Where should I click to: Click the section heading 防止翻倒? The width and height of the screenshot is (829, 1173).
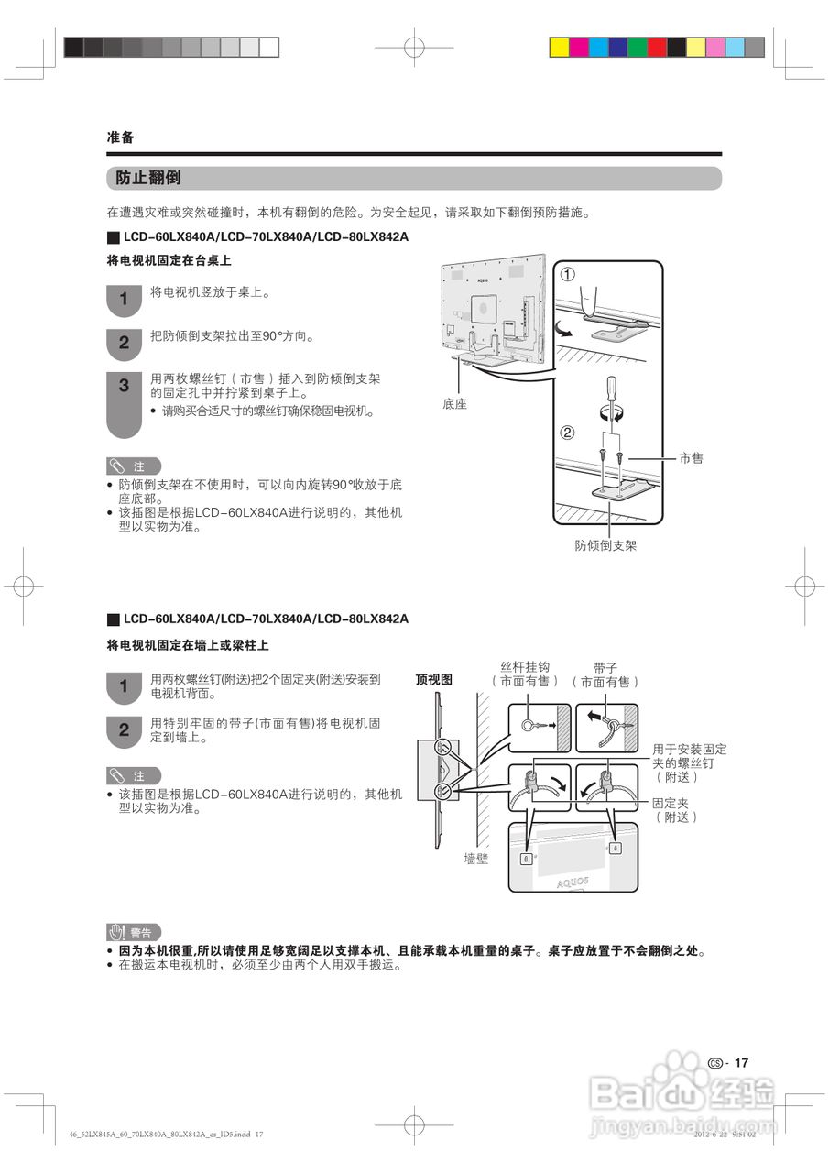148,178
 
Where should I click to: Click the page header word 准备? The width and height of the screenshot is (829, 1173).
121,137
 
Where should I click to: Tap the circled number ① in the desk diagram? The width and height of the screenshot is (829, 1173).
568,275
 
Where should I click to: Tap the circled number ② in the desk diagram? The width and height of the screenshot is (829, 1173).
567,433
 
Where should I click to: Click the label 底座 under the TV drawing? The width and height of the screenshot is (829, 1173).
454,403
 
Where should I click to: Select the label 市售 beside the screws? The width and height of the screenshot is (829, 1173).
692,457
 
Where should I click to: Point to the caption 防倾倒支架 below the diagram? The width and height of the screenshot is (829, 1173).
605,545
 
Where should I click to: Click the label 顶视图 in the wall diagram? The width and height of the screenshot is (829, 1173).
434,679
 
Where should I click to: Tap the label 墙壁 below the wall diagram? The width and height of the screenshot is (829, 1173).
476,859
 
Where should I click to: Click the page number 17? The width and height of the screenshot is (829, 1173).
741,1063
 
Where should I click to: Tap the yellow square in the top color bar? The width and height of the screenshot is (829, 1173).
559,47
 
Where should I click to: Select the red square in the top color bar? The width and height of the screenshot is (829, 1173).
657,47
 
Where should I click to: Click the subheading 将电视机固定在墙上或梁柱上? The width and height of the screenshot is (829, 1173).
188,646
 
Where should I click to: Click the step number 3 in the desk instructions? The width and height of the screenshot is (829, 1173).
124,387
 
